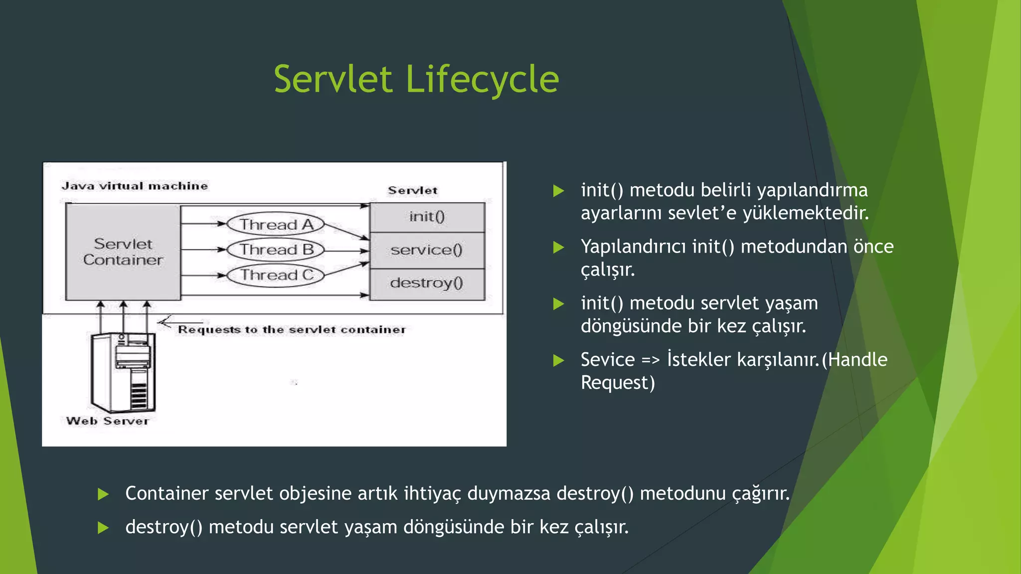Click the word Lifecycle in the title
482,80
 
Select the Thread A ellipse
276,224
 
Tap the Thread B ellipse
276,250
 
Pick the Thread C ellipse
276,275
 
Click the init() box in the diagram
427,217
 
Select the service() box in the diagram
427,250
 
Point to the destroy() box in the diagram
427,284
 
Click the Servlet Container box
123,252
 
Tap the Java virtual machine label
135,186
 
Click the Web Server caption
108,421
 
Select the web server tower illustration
123,372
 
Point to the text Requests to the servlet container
292,329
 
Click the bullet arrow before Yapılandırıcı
559,247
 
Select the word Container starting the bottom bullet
167,493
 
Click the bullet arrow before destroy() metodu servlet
103,528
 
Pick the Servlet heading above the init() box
412,190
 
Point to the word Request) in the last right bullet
617,383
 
